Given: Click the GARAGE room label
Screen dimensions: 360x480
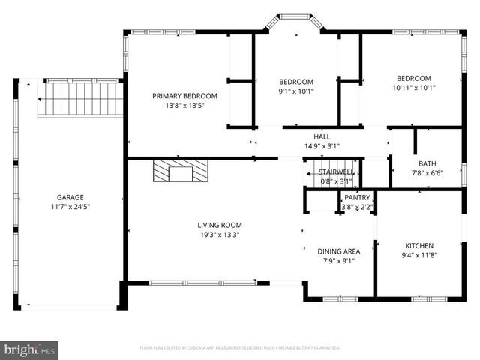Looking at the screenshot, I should point(70,197).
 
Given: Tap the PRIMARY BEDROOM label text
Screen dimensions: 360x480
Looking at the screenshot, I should point(184,96).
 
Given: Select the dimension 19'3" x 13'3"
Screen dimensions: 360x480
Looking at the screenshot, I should point(220,235).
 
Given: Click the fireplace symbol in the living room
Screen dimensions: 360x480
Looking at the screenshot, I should point(180,172).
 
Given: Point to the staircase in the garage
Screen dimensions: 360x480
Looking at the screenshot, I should point(79,99).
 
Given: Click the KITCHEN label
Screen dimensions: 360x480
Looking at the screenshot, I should point(419,245).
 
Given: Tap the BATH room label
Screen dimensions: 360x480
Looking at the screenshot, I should point(427,163).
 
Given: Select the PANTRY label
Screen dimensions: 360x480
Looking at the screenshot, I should point(357,197).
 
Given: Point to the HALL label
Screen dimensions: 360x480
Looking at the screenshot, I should point(322,136).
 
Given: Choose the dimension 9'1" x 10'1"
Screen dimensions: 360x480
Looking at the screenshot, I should point(296,91).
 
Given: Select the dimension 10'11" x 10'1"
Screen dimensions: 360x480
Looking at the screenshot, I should point(414,88).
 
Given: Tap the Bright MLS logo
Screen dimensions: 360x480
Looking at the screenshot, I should point(29,349).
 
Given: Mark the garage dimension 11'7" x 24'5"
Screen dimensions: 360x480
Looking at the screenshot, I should point(70,206).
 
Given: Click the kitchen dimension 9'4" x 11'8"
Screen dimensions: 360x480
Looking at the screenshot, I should point(419,255).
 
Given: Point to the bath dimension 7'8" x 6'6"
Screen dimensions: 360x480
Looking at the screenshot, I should point(427,172).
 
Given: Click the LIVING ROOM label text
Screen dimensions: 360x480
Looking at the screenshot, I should point(220,225).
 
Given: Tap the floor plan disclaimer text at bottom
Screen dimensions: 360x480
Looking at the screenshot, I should point(240,348).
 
